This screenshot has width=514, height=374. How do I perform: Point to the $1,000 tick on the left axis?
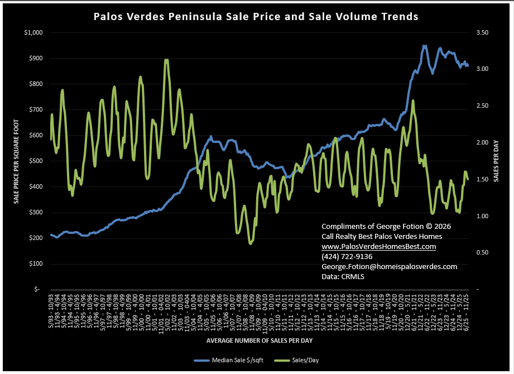coord(33,32)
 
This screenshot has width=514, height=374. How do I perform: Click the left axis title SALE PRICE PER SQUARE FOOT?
coord(16,161)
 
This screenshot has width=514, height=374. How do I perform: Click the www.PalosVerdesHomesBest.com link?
coord(378,246)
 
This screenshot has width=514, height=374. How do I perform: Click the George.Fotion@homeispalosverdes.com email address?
coord(389,266)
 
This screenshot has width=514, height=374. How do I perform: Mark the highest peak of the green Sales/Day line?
coord(166,60)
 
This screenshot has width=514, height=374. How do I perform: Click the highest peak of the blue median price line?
coord(425,46)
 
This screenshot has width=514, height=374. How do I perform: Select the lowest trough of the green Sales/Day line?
coord(251,243)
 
